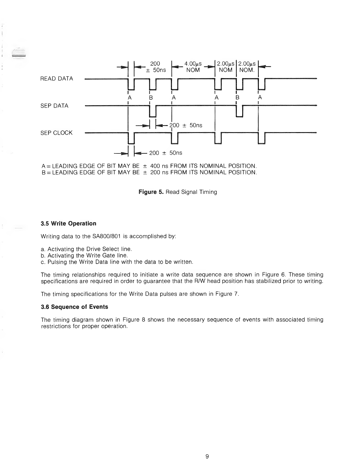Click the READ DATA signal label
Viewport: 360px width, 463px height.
[x=57, y=79]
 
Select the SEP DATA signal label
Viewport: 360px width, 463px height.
[x=55, y=106]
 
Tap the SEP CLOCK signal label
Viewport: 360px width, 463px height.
[x=57, y=133]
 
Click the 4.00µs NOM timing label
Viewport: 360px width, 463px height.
[x=193, y=67]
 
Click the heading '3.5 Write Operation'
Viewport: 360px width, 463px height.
[x=69, y=224]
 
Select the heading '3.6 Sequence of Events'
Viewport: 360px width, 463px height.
[x=75, y=307]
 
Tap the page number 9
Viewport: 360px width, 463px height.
[x=207, y=457]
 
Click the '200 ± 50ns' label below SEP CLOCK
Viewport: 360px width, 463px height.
[x=166, y=153]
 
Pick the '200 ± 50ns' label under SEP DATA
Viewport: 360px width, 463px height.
[x=186, y=125]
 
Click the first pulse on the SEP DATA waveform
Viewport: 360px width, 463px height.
[x=153, y=111]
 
